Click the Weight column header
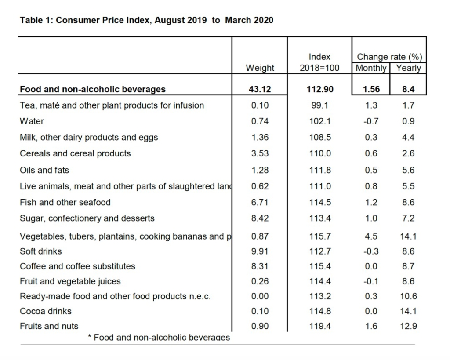coord(260,68)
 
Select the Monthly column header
coord(371,68)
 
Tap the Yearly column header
coord(408,68)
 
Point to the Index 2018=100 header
coord(319,62)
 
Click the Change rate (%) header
coord(389,57)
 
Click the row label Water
coord(32,121)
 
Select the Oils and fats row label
coord(44,170)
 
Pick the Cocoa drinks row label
coord(46,311)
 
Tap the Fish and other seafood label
coord(65,202)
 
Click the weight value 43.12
coord(260,89)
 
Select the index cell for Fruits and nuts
coord(320,326)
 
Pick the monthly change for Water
coord(371,121)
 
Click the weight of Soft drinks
coord(260,251)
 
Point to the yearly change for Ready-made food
coord(408,296)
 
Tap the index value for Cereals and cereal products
coord(320,153)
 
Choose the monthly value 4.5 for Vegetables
coord(371,236)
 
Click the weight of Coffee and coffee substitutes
coord(260,266)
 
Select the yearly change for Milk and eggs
coord(408,137)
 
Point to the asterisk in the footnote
coord(89,337)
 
